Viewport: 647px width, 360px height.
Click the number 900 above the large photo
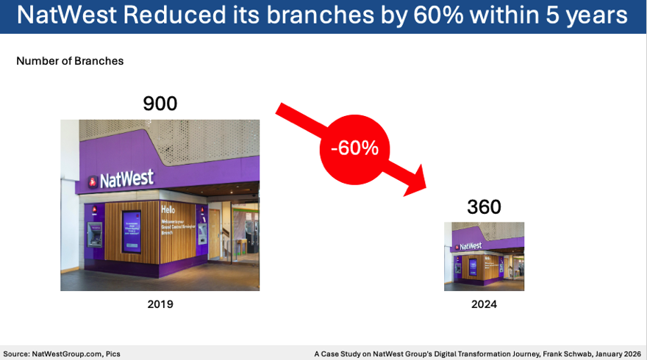160,104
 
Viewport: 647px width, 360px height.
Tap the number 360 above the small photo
484,207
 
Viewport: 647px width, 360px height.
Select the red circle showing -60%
354,148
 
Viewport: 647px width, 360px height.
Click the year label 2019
160,303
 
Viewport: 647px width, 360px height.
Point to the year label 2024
484,303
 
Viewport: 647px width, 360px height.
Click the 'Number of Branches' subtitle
70,61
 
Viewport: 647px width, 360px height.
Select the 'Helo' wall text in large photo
168,210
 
